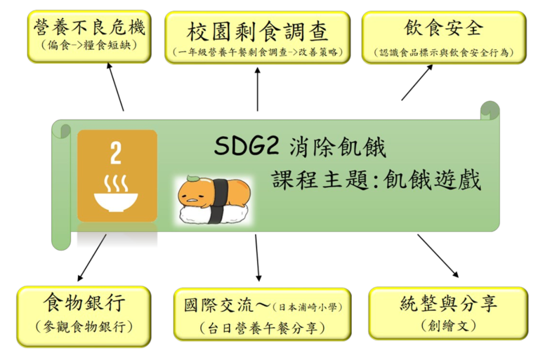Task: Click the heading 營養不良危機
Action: [x=89, y=27]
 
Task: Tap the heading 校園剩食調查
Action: [x=257, y=32]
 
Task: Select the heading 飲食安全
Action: [x=443, y=27]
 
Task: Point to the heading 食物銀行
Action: [x=84, y=302]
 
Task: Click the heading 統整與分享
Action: [x=449, y=304]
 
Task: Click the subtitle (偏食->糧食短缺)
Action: [x=89, y=45]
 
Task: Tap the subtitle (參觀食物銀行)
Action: [x=84, y=326]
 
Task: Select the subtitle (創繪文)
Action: [x=449, y=325]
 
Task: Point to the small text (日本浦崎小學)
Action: [x=307, y=307]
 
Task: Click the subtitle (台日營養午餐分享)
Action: [x=263, y=328]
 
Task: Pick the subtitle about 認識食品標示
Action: [x=444, y=53]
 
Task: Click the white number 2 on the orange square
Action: [x=116, y=153]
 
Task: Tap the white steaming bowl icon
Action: [x=116, y=193]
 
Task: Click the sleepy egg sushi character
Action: [x=214, y=200]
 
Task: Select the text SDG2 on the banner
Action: [x=246, y=146]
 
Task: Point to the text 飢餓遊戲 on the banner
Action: [x=432, y=180]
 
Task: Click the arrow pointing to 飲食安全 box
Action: [x=417, y=83]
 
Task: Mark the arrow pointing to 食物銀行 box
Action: [x=92, y=258]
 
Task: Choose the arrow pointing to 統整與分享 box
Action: [x=438, y=255]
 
